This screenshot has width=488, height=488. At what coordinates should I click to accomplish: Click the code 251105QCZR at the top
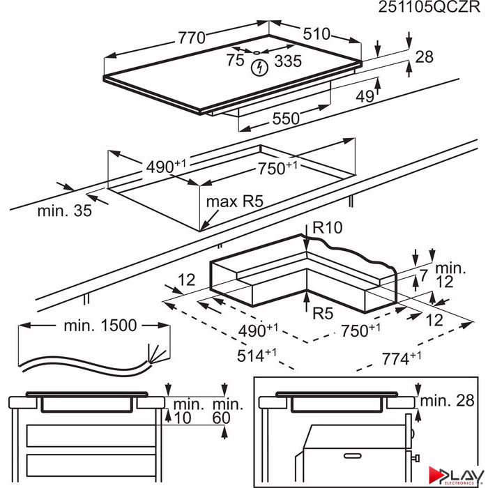click(429, 7)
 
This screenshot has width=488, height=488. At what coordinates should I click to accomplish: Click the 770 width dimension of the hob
click(192, 38)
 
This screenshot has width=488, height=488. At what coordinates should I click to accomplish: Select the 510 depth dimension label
click(317, 33)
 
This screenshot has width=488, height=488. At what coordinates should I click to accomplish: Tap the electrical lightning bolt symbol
click(259, 67)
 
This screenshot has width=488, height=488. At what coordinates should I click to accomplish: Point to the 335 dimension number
click(288, 61)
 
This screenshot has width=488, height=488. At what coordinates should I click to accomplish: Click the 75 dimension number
click(235, 60)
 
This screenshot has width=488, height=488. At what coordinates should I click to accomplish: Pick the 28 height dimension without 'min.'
click(424, 57)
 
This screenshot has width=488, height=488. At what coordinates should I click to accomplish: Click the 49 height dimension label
click(365, 96)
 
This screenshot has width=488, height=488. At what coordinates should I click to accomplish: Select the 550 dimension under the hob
click(286, 119)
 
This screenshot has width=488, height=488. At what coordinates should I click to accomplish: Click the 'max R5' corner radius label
click(235, 201)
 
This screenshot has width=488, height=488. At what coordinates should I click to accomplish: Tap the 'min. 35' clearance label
click(64, 211)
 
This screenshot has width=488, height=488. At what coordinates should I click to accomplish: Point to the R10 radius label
click(327, 227)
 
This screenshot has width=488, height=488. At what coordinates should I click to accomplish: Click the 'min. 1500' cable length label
click(100, 326)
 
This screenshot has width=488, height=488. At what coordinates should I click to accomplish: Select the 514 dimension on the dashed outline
click(257, 355)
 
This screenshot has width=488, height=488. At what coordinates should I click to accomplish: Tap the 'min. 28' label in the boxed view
click(448, 401)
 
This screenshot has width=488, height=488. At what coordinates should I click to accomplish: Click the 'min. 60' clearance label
click(227, 411)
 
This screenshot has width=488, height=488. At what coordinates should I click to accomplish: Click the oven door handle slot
click(352, 456)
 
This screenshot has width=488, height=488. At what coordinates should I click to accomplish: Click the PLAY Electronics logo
click(455, 475)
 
